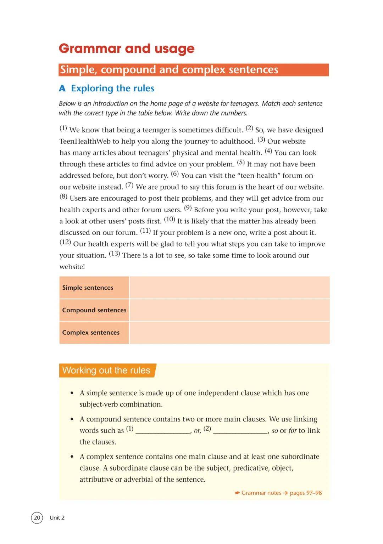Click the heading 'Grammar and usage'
127,49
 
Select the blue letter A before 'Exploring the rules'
62,89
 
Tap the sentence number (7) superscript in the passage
129,185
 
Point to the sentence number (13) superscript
114,254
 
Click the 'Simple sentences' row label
88,288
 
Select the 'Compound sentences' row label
94,310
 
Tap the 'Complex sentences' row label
91,333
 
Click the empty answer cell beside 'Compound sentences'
229,310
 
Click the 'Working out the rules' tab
106,370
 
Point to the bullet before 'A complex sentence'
72,457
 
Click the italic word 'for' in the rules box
293,431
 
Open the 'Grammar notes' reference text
261,493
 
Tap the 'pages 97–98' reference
306,493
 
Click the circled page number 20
37,518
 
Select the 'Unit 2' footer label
57,518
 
